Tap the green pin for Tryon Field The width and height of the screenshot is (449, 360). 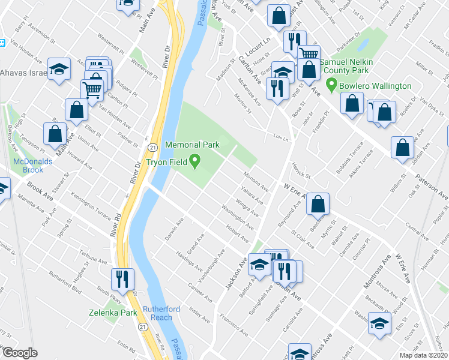(x=194, y=160)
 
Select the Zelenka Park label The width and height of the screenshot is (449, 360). (x=113, y=313)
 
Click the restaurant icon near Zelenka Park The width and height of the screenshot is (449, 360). (x=122, y=279)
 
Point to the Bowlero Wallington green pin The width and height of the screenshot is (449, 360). (x=330, y=86)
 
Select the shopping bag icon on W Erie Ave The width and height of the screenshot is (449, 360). (x=318, y=204)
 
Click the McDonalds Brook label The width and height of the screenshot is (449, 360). (x=35, y=166)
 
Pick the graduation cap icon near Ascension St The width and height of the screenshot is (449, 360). (x=59, y=69)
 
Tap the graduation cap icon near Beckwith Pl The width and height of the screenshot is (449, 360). (x=379, y=323)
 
